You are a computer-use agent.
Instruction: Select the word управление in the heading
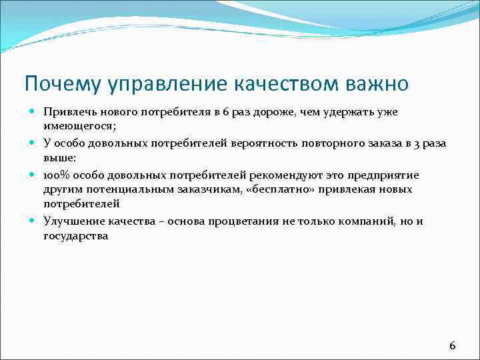(169, 84)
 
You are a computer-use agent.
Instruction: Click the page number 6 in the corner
(453, 345)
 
